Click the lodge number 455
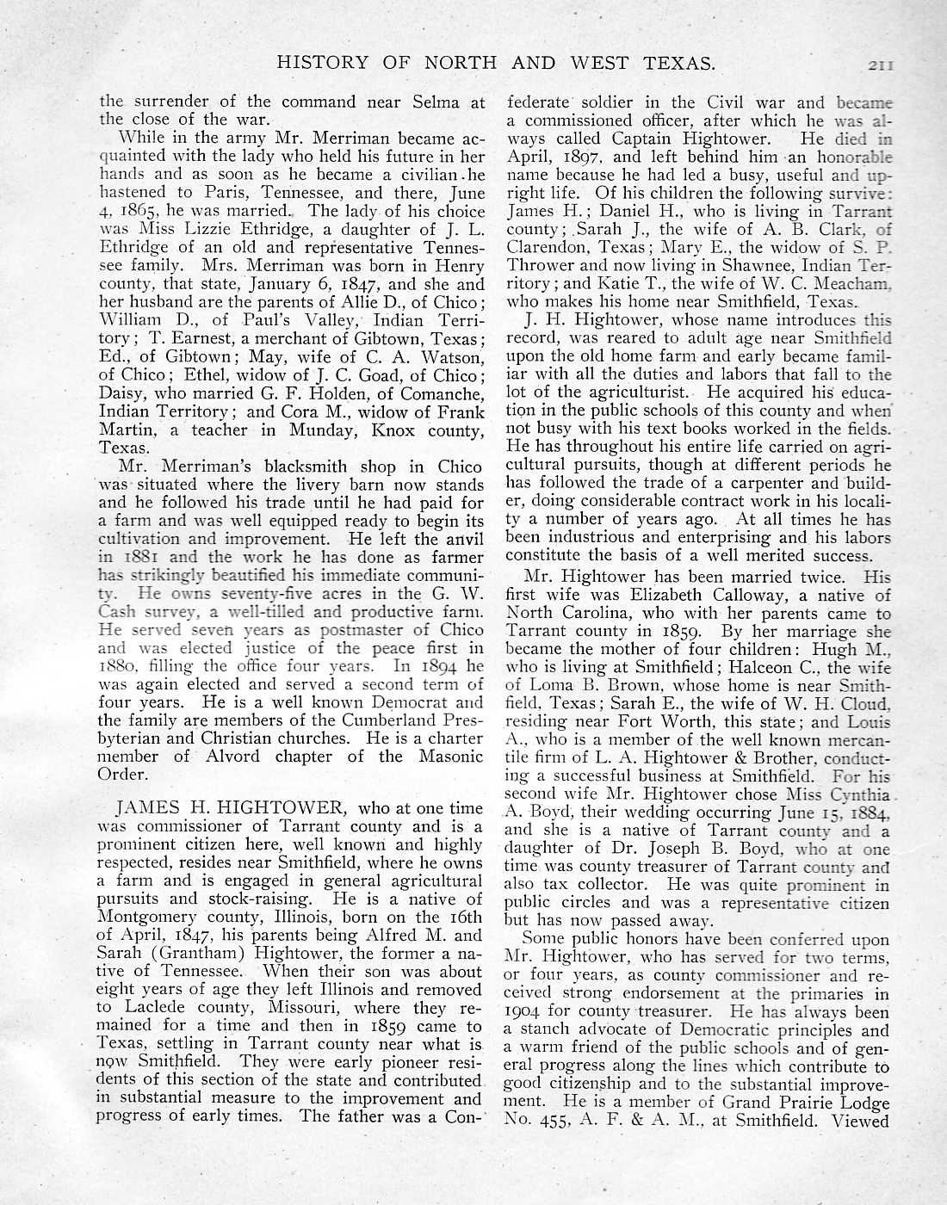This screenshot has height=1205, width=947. (556, 1121)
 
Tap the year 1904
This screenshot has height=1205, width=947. (524, 1012)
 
